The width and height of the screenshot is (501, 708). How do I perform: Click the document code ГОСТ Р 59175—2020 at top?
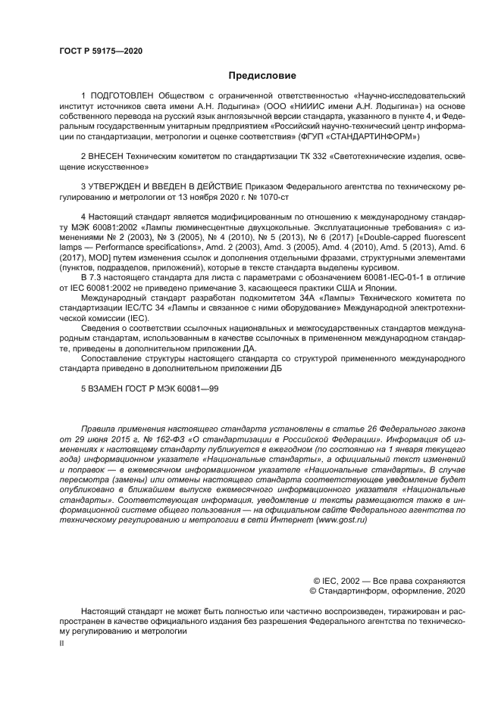[101, 51]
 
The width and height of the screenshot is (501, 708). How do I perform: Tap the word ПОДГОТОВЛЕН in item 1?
[123, 97]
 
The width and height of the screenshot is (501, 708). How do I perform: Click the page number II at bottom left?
[63, 641]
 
